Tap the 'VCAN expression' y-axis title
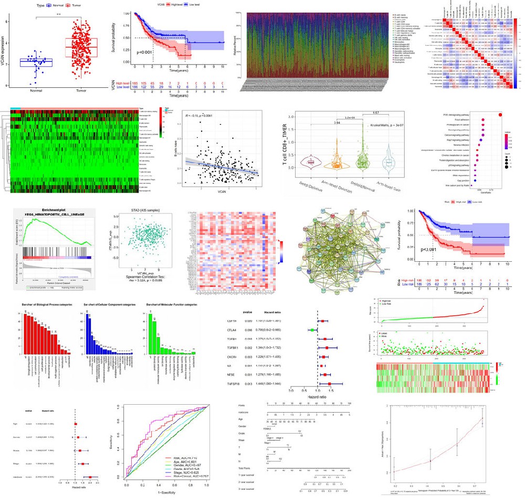[4, 50]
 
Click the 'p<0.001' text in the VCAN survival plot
[147, 53]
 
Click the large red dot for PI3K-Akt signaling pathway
[500, 115]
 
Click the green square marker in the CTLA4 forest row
[312, 330]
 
